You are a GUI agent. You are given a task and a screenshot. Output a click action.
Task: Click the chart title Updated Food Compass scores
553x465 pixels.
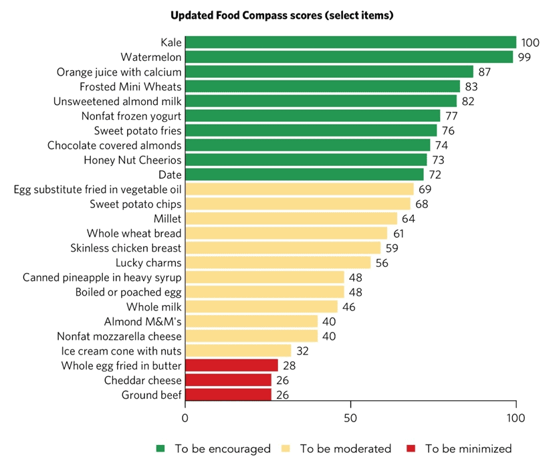281,15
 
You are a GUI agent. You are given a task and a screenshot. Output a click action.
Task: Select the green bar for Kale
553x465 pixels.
350,42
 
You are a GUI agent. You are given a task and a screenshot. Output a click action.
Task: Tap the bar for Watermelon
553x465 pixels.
348,57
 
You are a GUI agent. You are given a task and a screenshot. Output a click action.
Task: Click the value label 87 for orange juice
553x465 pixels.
485,72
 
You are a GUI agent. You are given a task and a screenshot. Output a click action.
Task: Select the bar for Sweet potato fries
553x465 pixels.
310,130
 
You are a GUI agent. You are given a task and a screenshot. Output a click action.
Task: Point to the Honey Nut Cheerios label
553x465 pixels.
132,159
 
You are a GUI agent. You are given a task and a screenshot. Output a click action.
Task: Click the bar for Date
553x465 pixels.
304,174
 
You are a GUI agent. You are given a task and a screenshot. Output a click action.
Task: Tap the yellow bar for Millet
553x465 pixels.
291,218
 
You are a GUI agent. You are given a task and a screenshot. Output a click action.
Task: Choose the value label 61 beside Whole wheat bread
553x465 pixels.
399,233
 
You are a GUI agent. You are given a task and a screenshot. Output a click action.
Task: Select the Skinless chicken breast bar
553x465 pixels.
282,248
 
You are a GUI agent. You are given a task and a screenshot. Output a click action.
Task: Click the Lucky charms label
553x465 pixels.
148,262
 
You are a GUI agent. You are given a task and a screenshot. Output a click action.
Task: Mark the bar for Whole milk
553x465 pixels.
261,306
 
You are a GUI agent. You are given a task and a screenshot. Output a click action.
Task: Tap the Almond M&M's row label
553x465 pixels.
142,321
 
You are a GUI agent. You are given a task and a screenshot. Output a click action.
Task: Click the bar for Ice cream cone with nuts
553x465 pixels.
237,351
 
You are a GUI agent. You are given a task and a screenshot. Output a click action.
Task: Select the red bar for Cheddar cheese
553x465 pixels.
228,380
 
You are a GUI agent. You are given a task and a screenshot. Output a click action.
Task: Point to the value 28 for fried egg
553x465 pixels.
289,365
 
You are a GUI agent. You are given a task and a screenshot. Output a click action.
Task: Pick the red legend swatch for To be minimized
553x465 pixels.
411,448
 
